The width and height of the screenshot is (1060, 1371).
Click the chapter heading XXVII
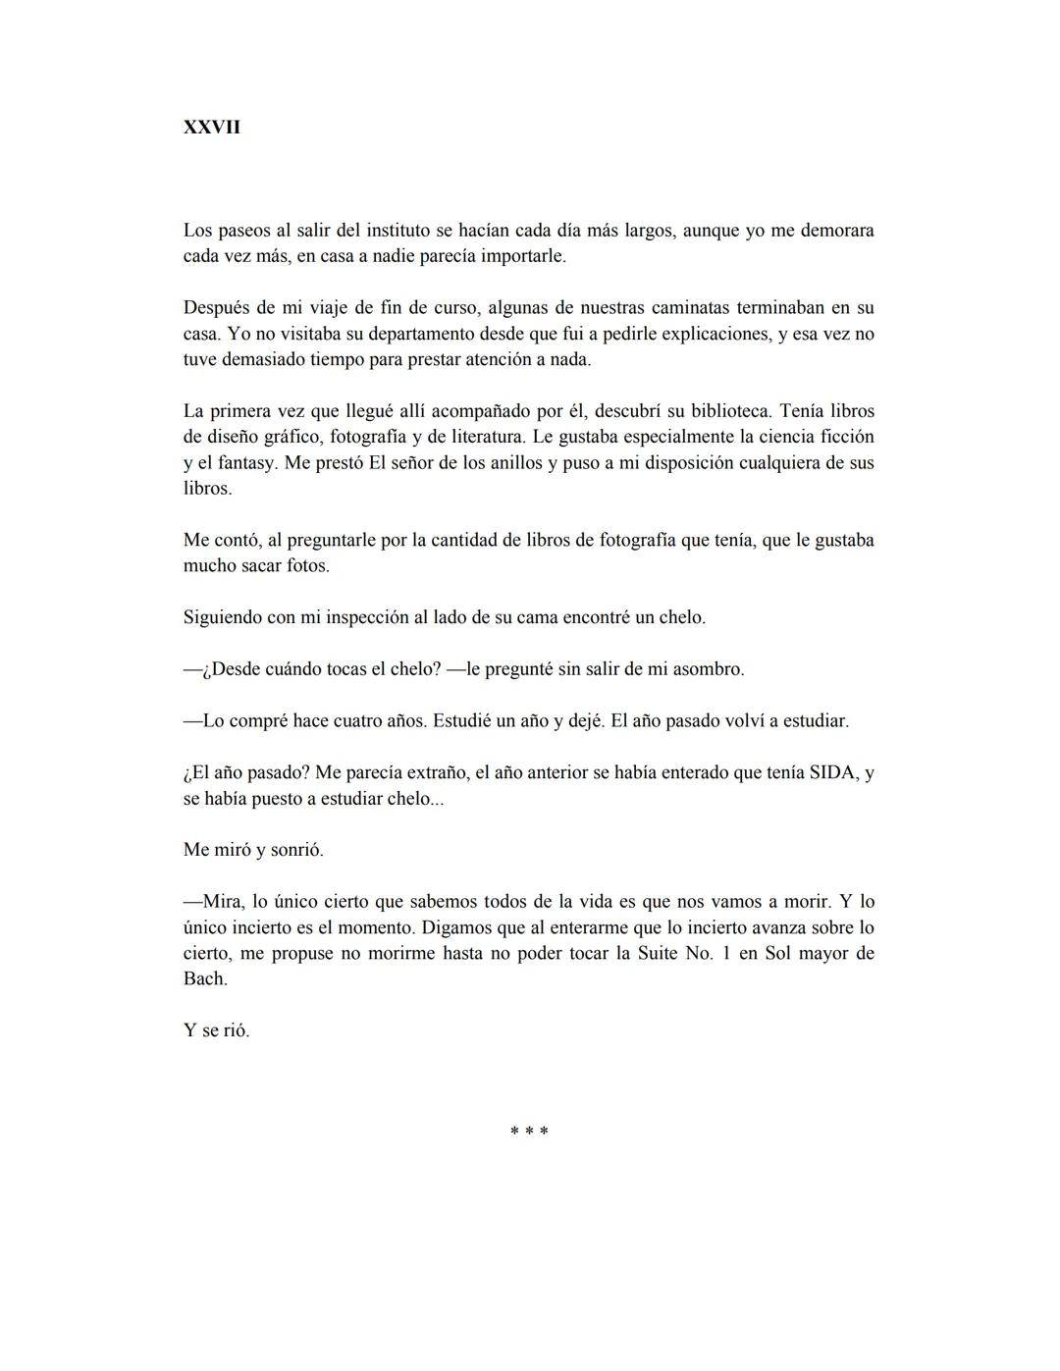coord(211,128)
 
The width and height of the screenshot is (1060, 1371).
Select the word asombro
coord(711,669)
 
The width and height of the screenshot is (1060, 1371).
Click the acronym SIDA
coord(832,772)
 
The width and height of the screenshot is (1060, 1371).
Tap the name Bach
coord(204,978)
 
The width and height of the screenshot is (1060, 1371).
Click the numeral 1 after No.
coord(725,953)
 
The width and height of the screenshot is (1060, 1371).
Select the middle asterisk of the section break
coord(529,1132)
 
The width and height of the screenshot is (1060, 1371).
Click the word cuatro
coord(360,720)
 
